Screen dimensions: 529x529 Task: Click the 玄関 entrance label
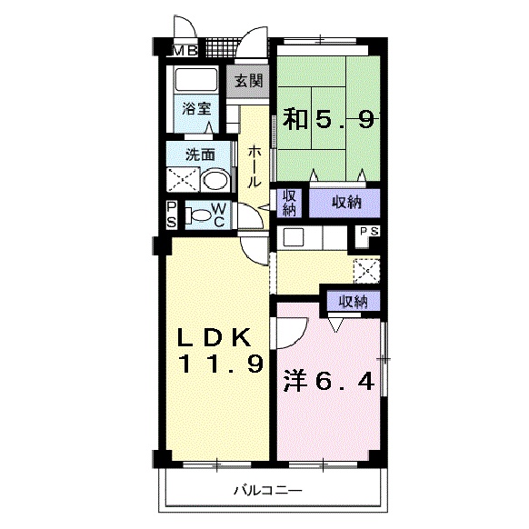point(249,81)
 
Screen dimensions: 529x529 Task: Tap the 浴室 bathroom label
point(196,108)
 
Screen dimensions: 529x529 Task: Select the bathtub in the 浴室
point(195,80)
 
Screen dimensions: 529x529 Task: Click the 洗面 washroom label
point(201,155)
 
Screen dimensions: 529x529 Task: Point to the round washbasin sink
point(215,180)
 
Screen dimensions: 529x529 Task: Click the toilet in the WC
point(197,216)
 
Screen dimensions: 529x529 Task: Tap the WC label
point(219,215)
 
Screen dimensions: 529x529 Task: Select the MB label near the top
point(185,51)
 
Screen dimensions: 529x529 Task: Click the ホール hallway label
point(255,166)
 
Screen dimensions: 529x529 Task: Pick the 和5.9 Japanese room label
point(328,119)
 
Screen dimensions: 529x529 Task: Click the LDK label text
point(215,337)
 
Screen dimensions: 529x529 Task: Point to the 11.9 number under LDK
point(221,364)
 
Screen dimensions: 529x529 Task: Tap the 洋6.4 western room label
point(329,382)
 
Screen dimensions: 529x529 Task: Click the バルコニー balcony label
point(268,490)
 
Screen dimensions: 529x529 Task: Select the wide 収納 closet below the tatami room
point(344,203)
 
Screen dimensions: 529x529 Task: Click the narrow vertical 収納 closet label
point(289,203)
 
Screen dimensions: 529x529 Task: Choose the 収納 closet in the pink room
point(354,301)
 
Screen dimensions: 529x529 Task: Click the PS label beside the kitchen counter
point(369,232)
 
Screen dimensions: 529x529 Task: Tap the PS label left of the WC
point(172,215)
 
